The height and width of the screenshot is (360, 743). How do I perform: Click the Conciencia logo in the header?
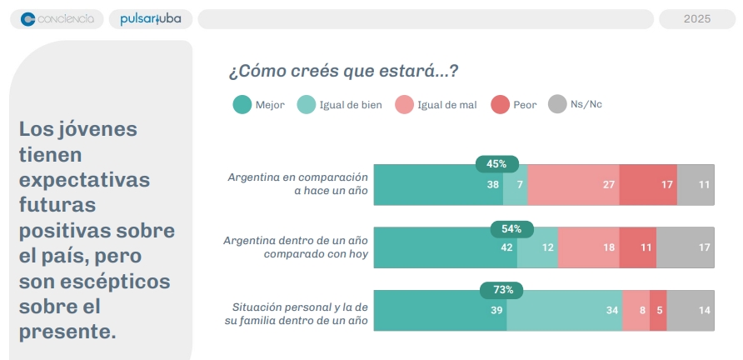57,19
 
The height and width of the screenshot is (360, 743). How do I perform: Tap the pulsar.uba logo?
150,19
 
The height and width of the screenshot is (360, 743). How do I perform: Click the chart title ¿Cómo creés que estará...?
343,72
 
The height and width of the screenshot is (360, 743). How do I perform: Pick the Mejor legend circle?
242,105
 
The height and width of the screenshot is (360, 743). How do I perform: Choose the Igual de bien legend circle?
307,105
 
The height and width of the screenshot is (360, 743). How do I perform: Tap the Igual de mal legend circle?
404,105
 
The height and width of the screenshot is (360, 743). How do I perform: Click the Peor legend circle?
500,105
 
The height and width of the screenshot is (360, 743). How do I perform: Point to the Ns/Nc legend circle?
557,105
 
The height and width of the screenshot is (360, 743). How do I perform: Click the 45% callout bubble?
496,163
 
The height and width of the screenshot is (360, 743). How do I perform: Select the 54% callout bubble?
511,228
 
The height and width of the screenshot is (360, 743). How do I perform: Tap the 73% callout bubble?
503,290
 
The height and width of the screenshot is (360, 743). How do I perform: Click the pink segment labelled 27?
573,185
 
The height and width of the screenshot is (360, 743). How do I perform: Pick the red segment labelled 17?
648,185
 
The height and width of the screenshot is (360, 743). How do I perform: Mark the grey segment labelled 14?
691,311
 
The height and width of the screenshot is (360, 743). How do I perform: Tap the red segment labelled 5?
658,311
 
